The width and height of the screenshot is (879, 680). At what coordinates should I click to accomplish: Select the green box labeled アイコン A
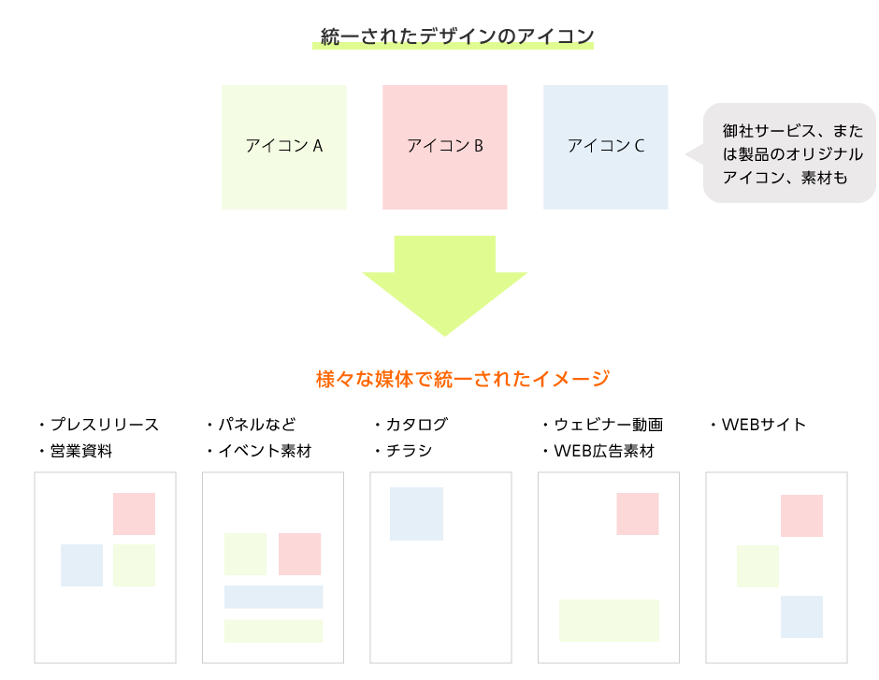point(284,147)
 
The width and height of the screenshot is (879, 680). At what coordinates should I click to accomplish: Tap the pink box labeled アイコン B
point(445,147)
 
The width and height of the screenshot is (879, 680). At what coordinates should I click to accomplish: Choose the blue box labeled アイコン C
point(606,147)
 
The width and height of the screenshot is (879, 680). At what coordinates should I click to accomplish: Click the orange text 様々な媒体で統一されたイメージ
point(463,379)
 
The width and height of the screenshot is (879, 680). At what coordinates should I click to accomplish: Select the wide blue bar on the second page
point(273,597)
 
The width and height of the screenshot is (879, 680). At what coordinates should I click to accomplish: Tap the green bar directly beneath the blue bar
point(273,630)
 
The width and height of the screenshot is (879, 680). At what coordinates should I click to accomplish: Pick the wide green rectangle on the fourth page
point(609,620)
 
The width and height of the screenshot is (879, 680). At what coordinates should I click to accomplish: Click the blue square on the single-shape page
point(416,514)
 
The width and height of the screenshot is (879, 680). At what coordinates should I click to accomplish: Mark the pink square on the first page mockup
point(134,514)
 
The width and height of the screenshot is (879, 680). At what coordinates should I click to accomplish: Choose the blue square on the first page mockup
point(81,565)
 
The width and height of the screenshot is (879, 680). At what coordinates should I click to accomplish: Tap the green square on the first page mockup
point(134,565)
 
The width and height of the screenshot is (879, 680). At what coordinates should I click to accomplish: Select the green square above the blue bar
point(245,554)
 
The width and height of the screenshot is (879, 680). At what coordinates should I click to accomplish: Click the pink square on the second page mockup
point(299,554)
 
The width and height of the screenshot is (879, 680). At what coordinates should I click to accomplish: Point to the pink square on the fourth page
point(637,514)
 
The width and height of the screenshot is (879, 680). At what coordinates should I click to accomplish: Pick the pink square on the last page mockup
point(801,515)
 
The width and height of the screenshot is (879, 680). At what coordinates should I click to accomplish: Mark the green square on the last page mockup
point(757,566)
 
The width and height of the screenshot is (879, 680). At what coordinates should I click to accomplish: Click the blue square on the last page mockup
point(801,616)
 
